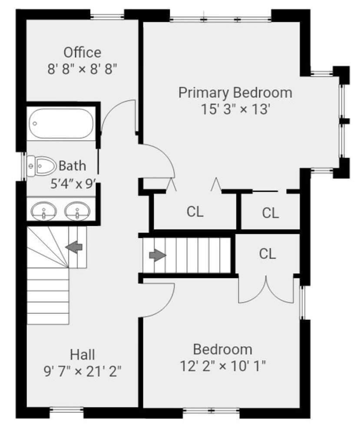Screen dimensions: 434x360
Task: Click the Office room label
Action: tap(82, 53)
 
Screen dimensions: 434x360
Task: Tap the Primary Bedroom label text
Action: tap(235, 92)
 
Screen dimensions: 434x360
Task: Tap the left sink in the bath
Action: tap(44, 212)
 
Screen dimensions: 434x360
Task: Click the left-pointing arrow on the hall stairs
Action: tap(74, 247)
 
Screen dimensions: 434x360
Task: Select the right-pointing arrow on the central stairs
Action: tap(158, 255)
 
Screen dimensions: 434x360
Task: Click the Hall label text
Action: tap(83, 355)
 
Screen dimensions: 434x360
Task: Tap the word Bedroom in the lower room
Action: tap(222, 349)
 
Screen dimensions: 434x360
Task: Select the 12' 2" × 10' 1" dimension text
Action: tap(222, 366)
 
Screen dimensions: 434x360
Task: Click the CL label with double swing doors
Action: tap(268, 254)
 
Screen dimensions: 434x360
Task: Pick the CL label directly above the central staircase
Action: tap(195, 212)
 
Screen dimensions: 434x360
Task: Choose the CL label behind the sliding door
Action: tap(270, 213)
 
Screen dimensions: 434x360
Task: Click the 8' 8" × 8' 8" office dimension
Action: tap(82, 69)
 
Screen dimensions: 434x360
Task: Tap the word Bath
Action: tap(72, 166)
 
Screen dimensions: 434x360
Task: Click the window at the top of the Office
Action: tap(107, 16)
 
